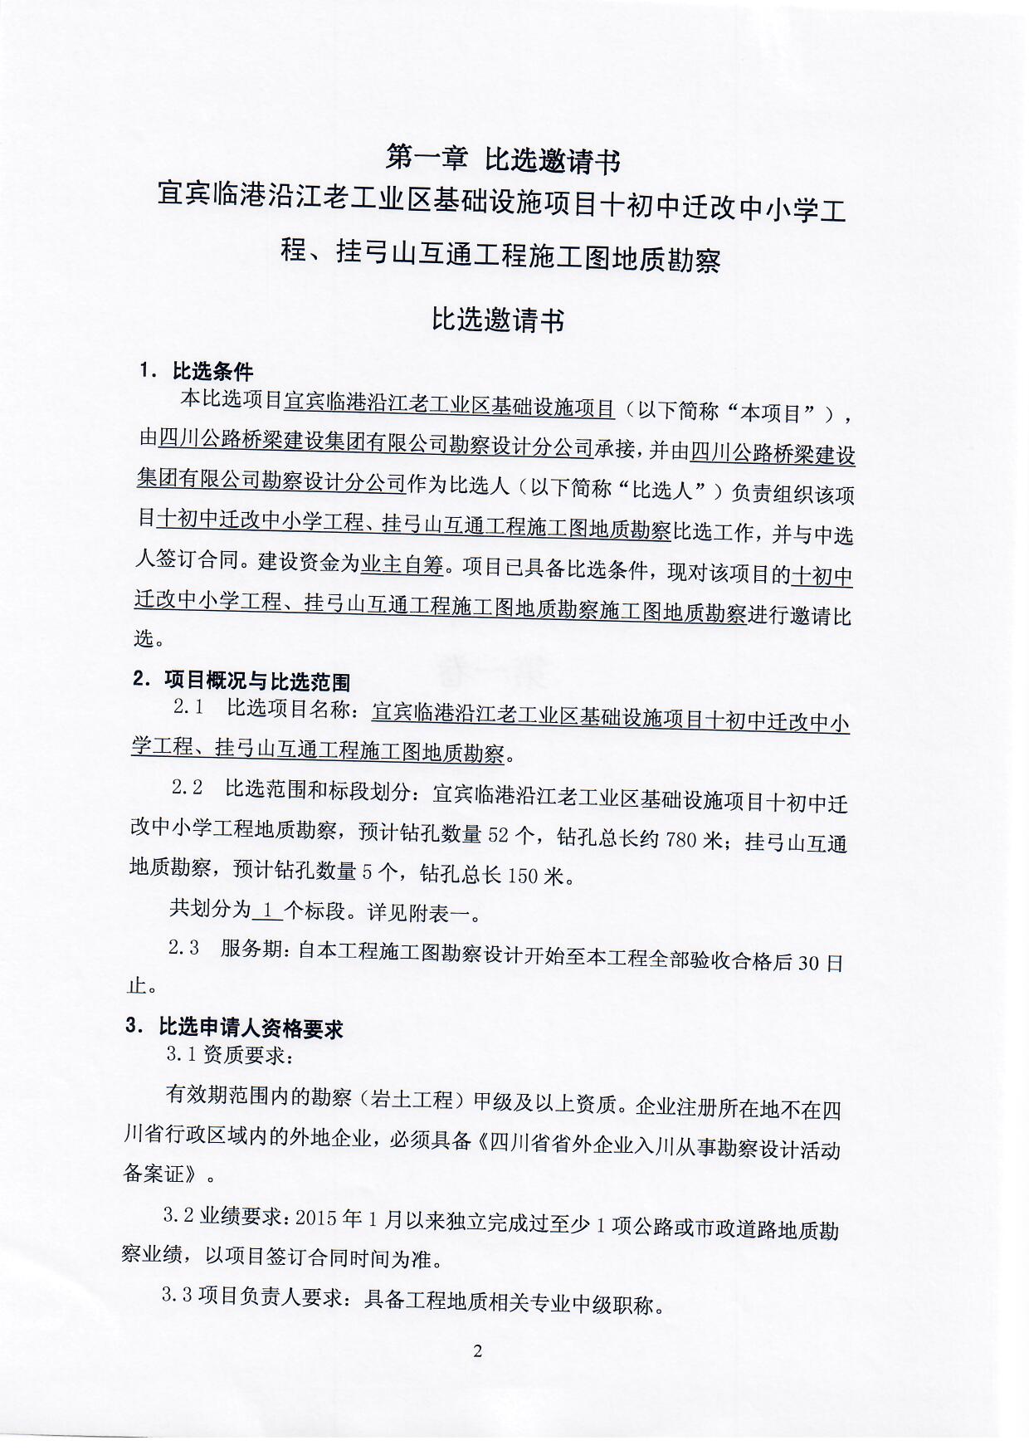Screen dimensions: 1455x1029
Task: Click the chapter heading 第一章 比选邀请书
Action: point(503,159)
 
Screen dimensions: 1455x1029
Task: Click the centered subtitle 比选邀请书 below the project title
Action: point(498,320)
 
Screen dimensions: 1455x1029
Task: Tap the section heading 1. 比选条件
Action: point(197,371)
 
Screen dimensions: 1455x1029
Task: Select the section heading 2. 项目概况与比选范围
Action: point(241,682)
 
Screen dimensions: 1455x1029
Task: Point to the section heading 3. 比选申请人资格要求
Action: point(235,1028)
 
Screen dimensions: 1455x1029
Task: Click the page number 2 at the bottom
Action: point(477,1351)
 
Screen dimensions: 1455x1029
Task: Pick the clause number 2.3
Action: point(184,948)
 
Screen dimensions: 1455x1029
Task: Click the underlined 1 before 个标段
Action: point(267,911)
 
